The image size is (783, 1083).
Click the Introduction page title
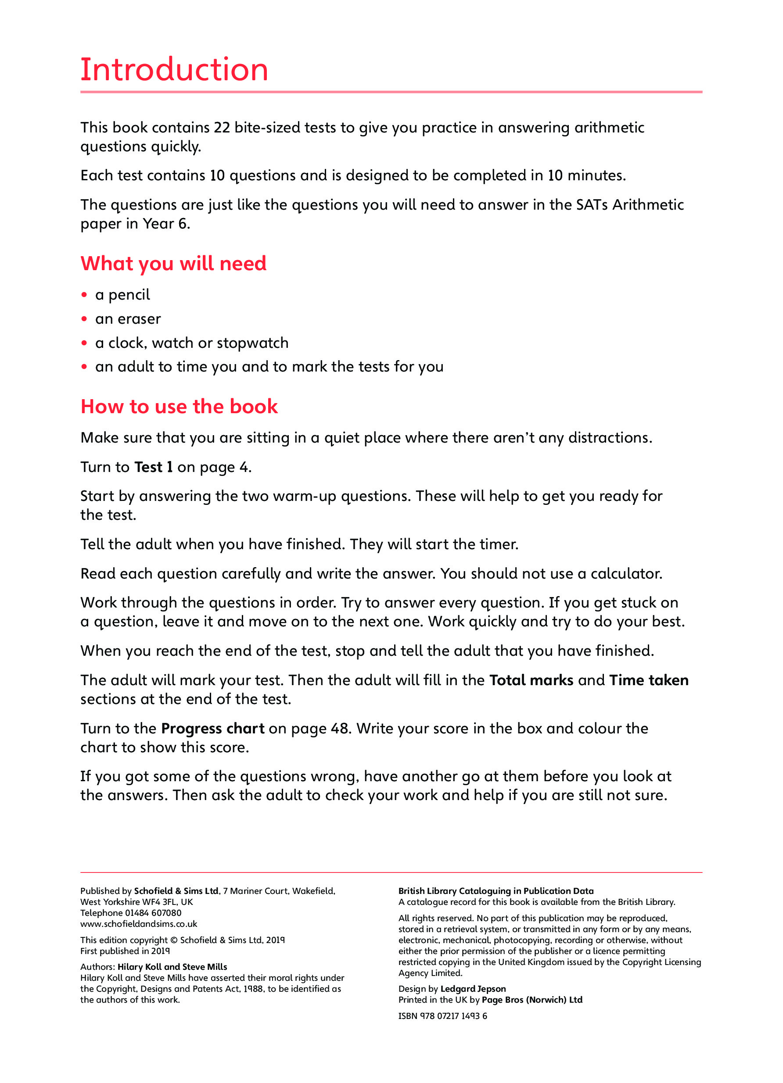[174, 70]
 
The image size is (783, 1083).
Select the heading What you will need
[173, 264]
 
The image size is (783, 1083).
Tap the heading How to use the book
[179, 406]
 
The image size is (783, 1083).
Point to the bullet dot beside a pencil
[85, 295]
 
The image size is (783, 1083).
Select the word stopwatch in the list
[253, 343]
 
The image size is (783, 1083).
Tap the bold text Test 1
[153, 467]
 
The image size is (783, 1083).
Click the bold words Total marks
[531, 680]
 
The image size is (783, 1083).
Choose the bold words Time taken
[649, 680]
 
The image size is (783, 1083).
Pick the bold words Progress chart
[212, 728]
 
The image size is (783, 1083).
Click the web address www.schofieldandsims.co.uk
[139, 924]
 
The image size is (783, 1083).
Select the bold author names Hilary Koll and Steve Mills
[172, 967]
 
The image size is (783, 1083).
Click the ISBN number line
[443, 1016]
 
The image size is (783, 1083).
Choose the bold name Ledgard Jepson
[473, 989]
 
